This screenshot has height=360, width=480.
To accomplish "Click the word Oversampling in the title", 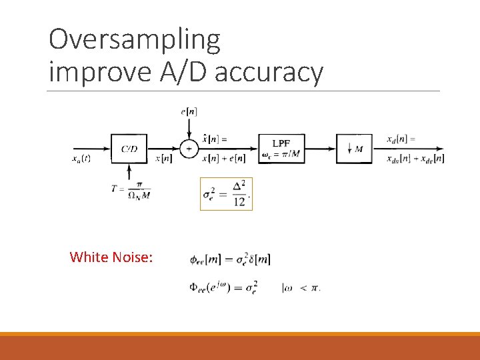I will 134,40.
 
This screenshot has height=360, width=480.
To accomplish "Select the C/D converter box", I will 129,149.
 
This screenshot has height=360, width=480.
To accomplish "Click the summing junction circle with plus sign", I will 189,149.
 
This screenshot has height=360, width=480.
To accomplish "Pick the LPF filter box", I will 281,149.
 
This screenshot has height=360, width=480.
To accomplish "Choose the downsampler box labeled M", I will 354,149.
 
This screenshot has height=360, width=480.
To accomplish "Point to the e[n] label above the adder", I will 189,111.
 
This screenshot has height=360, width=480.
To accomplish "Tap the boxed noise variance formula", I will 227,194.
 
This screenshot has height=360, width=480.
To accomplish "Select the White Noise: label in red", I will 111,257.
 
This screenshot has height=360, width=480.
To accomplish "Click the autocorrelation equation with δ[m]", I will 230,259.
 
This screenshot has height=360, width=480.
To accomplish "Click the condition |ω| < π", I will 301,288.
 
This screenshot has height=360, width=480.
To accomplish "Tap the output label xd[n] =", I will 401,139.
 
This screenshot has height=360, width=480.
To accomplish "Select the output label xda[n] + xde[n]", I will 415,159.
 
